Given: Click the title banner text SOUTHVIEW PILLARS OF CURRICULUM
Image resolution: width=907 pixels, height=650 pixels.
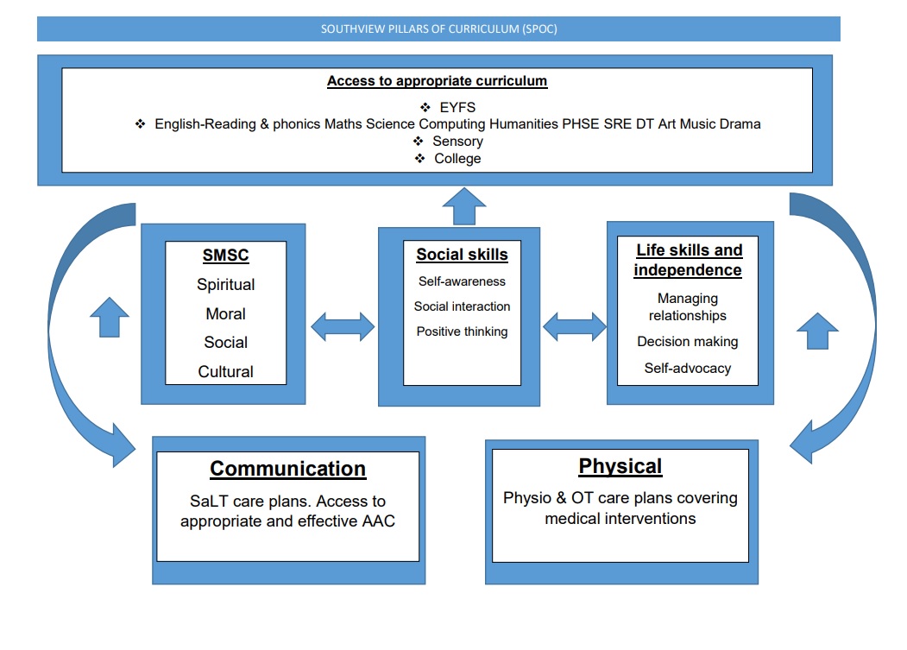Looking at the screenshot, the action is [x=420, y=29].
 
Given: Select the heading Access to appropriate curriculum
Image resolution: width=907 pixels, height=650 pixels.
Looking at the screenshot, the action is [x=437, y=81].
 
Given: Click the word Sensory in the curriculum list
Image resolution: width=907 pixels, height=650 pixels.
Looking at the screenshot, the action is [x=457, y=142].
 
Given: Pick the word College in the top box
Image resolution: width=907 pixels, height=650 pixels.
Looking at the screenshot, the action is [x=457, y=159].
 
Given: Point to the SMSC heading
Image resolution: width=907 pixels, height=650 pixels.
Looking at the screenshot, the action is [x=225, y=256].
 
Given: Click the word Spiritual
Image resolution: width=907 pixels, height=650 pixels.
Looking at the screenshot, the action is [x=225, y=285].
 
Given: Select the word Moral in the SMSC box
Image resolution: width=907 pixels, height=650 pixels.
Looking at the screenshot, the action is [x=225, y=313].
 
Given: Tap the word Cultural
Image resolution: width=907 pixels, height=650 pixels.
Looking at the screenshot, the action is [x=225, y=371].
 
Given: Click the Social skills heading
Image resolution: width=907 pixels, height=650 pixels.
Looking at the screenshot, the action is [x=463, y=255].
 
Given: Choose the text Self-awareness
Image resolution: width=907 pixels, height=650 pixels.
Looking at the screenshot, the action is [x=463, y=281].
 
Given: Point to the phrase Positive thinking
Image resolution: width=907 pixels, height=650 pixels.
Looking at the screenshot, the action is [x=463, y=331].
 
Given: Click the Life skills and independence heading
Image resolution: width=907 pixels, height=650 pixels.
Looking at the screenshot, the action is [x=688, y=260].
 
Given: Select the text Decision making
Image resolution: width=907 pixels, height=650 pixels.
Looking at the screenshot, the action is [x=688, y=342].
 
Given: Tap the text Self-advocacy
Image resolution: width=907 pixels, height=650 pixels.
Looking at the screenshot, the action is [x=688, y=368].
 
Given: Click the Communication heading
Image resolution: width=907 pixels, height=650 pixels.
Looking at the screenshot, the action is [x=287, y=469].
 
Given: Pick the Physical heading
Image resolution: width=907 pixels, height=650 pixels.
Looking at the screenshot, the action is [x=620, y=466].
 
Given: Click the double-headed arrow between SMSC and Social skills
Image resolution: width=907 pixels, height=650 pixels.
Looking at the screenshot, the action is [x=343, y=326].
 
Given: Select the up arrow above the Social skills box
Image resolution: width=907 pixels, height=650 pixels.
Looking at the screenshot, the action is [x=464, y=206].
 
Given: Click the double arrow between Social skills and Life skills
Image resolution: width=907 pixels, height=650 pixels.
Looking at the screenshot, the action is [x=575, y=326].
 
